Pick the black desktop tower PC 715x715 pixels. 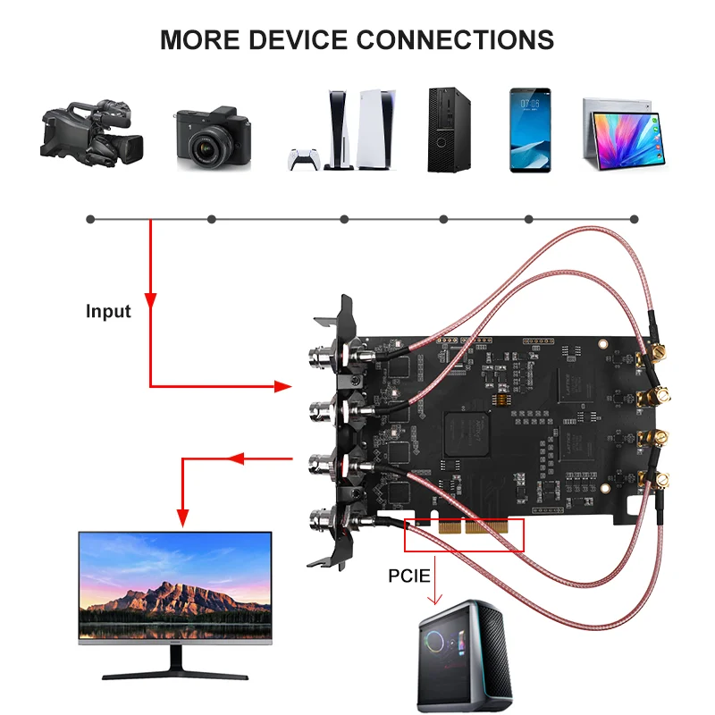point(443,130)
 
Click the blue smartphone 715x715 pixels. point(530,130)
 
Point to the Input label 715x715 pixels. point(108,312)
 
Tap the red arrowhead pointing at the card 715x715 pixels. point(282,386)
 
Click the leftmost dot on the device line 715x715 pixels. point(89,219)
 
